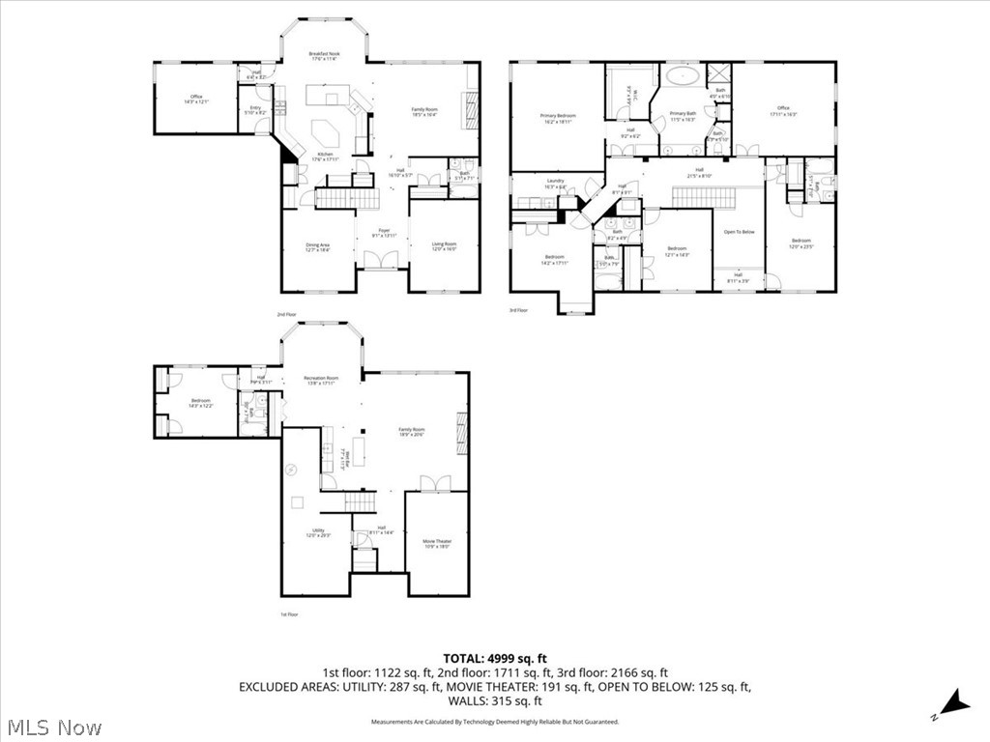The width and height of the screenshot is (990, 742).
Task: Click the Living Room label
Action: coord(444,244)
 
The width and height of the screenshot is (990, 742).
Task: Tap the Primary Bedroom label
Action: coord(558,115)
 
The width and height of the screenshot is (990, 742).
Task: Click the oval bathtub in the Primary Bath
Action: coord(684,74)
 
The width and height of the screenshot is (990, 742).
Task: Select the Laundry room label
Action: coord(555,181)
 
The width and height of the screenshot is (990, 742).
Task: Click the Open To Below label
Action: coord(740,232)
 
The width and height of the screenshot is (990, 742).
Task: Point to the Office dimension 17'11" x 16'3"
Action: coord(783,114)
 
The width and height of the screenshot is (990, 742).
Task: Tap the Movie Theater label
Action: coord(436,541)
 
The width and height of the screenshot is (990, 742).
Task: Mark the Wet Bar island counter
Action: coord(360,451)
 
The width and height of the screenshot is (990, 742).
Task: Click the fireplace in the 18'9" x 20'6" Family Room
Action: coord(462,425)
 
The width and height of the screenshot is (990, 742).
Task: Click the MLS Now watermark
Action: coord(52,727)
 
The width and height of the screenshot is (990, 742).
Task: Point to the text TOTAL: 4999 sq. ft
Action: coord(494,659)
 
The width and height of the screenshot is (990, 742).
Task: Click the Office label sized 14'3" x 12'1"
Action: coord(195,98)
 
